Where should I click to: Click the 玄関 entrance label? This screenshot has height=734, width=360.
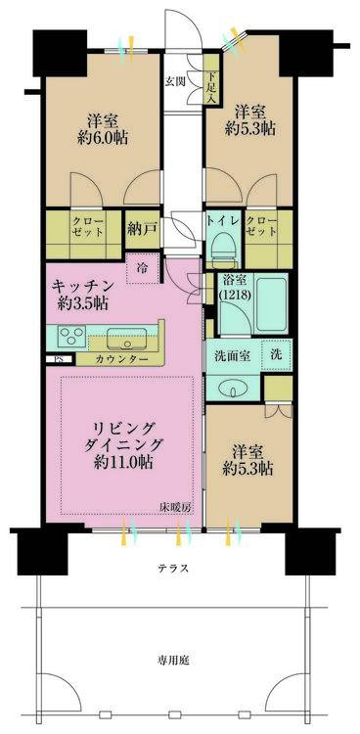pyautogui.click(x=174, y=81)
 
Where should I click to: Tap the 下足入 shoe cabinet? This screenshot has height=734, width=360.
pyautogui.click(x=211, y=81)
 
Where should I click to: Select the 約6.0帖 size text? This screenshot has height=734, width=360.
pyautogui.click(x=103, y=138)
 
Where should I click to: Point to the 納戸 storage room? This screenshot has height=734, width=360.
pyautogui.click(x=141, y=229)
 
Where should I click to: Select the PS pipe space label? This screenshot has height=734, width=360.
pyautogui.click(x=59, y=359)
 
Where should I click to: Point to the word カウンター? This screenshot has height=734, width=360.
pyautogui.click(x=120, y=359)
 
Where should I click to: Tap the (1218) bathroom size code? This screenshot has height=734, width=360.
pyautogui.click(x=230, y=297)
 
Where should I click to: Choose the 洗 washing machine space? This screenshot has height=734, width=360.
pyautogui.click(x=276, y=355)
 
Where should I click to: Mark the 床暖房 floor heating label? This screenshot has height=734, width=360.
pyautogui.click(x=175, y=507)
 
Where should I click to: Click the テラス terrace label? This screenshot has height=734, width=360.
pyautogui.click(x=172, y=569)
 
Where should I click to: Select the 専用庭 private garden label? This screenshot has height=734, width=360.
pyautogui.click(x=172, y=660)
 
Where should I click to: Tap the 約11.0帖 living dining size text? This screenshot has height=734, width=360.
pyautogui.click(x=123, y=462)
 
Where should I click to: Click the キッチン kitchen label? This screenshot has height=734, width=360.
pyautogui.click(x=82, y=285)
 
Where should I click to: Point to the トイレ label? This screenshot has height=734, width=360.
pyautogui.click(x=223, y=220)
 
